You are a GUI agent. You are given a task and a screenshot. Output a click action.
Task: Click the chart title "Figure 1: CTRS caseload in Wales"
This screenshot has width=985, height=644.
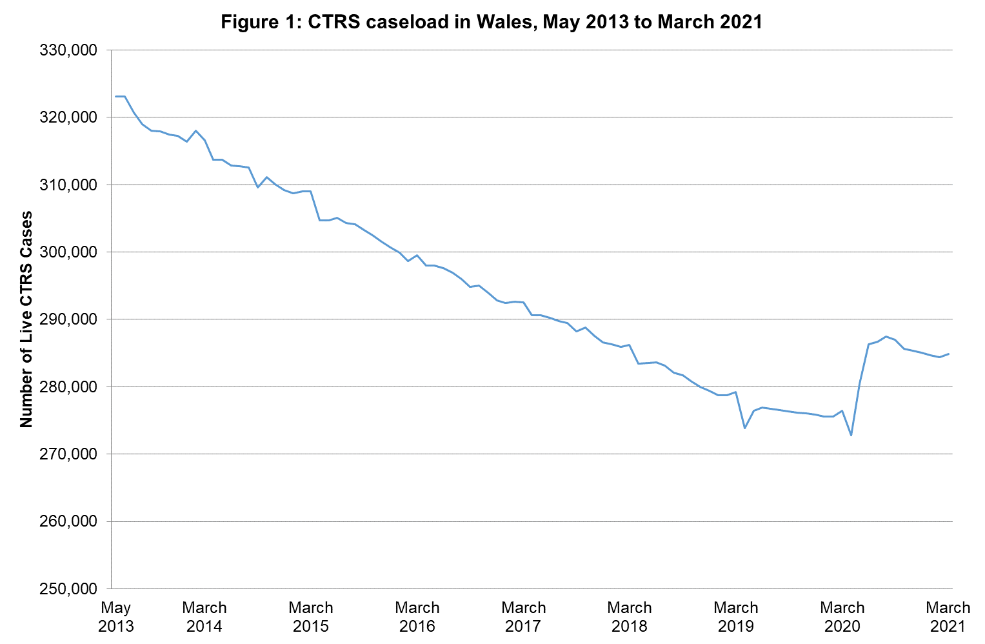[492, 22]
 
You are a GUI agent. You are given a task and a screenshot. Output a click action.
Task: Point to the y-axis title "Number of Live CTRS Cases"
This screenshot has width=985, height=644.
[26, 319]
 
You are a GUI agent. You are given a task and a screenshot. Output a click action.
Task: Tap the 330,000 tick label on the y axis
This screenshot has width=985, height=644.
[68, 50]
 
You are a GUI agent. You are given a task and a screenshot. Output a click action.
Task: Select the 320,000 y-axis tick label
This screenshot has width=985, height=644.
[68, 117]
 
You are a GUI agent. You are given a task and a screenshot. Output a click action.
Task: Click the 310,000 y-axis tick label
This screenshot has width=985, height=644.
[68, 185]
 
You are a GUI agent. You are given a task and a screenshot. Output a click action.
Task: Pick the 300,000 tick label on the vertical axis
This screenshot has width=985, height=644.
[68, 252]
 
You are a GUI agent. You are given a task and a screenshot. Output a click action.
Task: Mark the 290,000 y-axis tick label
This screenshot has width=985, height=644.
[68, 319]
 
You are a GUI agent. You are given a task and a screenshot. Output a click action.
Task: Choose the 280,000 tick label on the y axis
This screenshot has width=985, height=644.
[68, 387]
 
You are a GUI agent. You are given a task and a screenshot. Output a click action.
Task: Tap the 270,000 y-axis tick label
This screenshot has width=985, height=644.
[68, 454]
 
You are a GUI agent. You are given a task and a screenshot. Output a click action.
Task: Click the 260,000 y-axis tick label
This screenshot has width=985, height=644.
[68, 521]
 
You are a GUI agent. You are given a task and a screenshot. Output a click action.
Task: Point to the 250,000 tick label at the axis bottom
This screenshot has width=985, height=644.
[68, 589]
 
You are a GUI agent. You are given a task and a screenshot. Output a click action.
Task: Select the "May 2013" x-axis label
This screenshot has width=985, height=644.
[116, 617]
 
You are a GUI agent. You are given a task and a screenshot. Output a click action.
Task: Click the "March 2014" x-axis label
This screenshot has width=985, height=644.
[204, 617]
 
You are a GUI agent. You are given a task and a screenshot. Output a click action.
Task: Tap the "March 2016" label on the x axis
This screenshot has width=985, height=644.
[417, 617]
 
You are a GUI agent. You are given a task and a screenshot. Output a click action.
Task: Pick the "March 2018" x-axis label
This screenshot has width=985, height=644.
[630, 617]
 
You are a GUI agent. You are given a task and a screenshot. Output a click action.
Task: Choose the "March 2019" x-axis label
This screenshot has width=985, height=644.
[736, 617]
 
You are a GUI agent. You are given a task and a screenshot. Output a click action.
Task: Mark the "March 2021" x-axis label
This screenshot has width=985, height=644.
[948, 617]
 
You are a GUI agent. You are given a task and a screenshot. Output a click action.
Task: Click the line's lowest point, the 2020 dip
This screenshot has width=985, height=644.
[851, 436]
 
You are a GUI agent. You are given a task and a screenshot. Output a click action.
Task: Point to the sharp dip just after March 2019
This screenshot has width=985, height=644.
[745, 428]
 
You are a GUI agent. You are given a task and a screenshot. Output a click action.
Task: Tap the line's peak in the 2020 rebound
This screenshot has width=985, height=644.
[886, 336]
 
